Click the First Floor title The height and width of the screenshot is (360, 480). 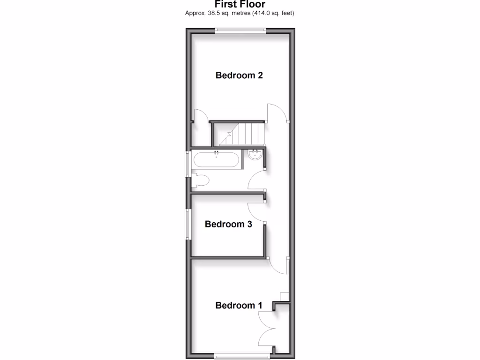[240, 4]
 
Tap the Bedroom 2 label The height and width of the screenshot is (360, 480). [239, 75]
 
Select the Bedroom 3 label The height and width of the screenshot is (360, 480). [228, 224]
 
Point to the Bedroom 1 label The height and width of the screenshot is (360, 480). [239, 306]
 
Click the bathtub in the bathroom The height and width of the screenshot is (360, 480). [217, 160]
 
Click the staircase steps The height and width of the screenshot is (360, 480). [244, 134]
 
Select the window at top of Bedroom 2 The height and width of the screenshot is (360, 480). [240, 31]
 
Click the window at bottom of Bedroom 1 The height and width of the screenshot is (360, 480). [243, 356]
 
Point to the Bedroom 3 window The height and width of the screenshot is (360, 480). [187, 224]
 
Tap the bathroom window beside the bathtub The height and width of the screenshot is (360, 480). [188, 162]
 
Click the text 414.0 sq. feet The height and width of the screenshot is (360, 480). [274, 13]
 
